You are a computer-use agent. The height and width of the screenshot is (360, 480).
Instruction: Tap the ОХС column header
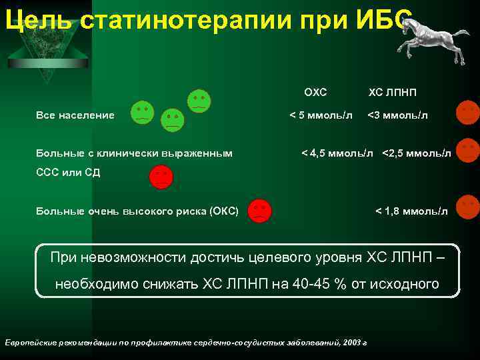315,92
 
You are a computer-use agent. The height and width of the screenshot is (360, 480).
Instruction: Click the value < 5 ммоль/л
321,115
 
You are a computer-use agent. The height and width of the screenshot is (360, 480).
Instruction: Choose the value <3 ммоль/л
397,115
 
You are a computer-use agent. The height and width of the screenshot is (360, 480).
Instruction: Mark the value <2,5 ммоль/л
416,153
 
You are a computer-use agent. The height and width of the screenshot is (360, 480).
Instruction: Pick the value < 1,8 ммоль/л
411,211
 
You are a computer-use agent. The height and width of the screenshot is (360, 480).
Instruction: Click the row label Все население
75,115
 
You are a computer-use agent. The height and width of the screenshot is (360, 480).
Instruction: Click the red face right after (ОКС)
259,210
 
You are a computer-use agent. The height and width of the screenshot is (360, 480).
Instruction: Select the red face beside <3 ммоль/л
467,112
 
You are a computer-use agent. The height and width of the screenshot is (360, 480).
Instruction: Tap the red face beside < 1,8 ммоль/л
467,207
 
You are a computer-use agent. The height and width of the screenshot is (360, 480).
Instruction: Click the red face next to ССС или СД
161,177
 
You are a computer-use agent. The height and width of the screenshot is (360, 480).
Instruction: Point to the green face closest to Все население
141,113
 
